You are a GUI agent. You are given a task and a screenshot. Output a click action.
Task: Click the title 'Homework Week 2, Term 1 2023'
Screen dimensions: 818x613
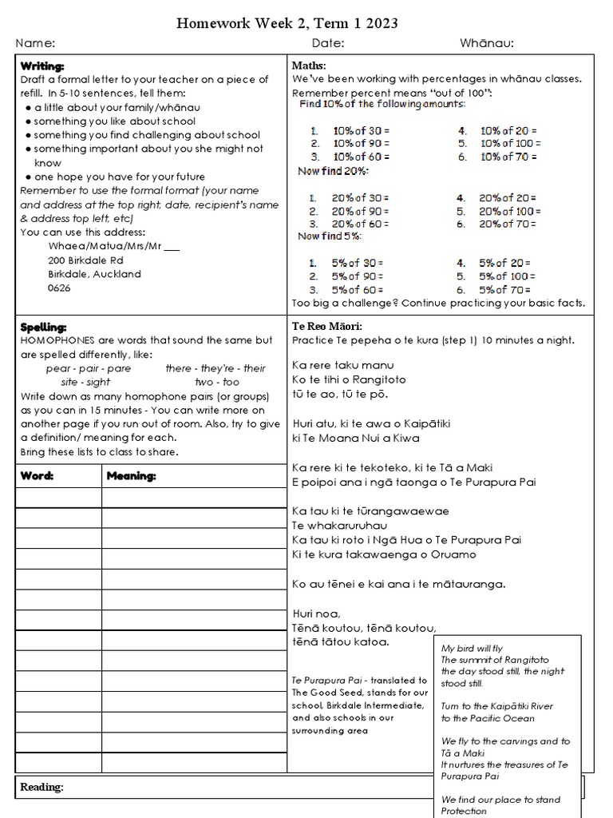(x=287, y=24)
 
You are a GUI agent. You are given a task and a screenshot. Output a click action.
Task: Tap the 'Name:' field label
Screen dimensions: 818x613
(x=35, y=43)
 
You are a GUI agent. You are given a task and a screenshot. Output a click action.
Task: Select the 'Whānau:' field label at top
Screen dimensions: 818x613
(x=486, y=43)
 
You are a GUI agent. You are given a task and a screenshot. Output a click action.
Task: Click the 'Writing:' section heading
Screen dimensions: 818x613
(x=42, y=66)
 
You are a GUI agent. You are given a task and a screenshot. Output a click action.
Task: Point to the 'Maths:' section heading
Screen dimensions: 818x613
(x=309, y=66)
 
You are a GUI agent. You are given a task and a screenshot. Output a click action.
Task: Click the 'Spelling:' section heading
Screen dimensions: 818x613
(x=43, y=328)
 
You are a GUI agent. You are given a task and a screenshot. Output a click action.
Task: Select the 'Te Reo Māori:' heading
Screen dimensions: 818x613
(x=327, y=327)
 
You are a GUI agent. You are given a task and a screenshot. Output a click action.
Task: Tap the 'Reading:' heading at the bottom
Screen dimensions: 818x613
(x=42, y=787)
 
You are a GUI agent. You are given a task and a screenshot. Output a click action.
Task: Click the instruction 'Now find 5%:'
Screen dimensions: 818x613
(x=329, y=236)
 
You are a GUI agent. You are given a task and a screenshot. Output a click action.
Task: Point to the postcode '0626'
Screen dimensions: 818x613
(x=59, y=288)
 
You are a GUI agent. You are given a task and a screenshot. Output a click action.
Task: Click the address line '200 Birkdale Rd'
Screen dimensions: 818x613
(x=85, y=260)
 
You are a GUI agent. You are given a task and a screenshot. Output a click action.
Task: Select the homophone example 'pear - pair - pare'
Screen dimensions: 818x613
(x=89, y=368)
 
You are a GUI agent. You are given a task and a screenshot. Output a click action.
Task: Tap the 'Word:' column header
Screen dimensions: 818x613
(x=37, y=476)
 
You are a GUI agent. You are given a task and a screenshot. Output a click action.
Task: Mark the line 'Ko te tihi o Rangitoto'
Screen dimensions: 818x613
(x=349, y=379)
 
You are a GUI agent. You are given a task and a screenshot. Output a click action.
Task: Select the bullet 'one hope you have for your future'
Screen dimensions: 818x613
(x=120, y=177)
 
